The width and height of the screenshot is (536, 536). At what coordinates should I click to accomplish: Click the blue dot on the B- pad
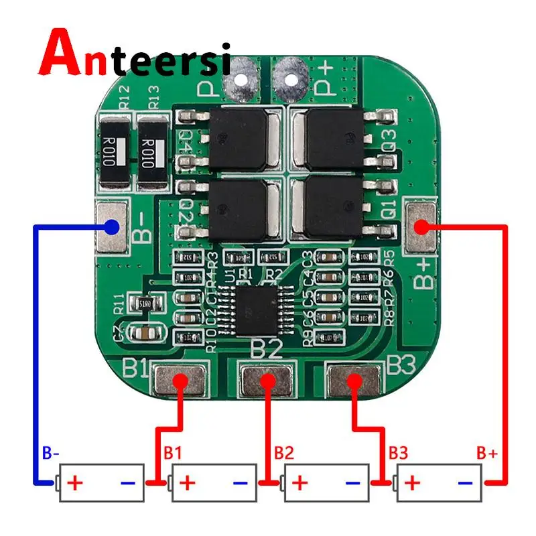pyautogui.click(x=112, y=227)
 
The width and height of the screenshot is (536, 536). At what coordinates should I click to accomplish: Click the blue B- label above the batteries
pyautogui.click(x=51, y=454)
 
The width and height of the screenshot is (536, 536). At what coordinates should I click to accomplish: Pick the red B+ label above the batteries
pyautogui.click(x=487, y=454)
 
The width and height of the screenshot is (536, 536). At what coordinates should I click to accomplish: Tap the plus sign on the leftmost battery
pyautogui.click(x=77, y=482)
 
